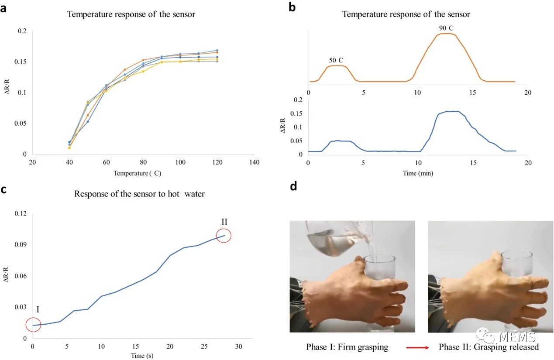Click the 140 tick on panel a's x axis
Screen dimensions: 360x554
tap(254, 162)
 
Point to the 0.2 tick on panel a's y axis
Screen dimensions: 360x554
tap(22, 31)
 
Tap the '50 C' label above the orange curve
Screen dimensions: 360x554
tap(336, 59)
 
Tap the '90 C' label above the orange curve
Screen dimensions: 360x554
tap(446, 28)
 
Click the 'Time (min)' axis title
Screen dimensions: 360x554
tap(418, 173)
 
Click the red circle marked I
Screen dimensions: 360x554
tap(33, 325)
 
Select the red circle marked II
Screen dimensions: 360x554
tap(224, 236)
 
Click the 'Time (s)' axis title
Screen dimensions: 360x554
tap(142, 356)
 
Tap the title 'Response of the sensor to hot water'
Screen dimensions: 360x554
tap(139, 194)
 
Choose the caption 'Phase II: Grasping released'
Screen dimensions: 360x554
tap(489, 347)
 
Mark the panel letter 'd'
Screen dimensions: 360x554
tap(293, 187)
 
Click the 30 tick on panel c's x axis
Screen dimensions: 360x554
tap(239, 346)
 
